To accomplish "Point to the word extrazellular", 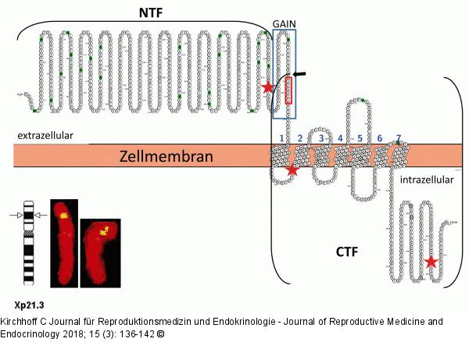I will coord(45,135).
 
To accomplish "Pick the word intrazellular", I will coord(426,180).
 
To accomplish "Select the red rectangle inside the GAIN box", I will coord(288,91).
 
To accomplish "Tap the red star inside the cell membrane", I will coord(292,169).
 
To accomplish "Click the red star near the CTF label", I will coord(431,262).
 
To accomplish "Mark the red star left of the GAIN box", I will coord(269,87).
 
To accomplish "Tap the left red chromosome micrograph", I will coord(62,241).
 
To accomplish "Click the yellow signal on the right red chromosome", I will coord(102,231).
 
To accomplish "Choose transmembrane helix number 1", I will coord(281,155).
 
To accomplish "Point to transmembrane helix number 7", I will coord(398,155).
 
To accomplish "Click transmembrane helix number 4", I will coord(341,155).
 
